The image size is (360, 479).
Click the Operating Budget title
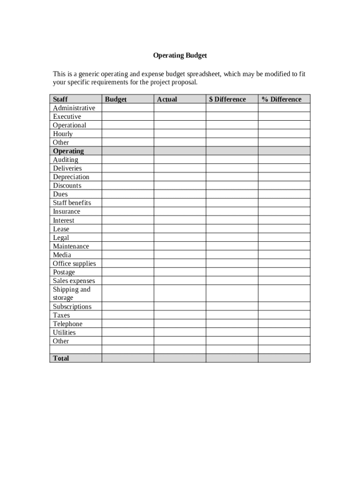pos(180,55)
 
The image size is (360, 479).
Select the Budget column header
pos(115,99)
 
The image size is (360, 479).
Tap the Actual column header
pos(167,99)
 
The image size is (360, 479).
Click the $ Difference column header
pos(227,99)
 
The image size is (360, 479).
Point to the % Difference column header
pos(281,99)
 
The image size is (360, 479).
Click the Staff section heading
pos(60,99)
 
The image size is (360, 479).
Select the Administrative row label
pos(74,108)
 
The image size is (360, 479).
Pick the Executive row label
pos(67,116)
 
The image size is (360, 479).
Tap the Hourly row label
pos(63,134)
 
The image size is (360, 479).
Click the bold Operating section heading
pos(68,151)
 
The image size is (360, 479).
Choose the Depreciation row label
pos(71,177)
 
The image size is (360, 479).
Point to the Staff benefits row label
pos(72,203)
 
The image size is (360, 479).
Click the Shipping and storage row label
pos(72,293)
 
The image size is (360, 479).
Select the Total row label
pos(61,358)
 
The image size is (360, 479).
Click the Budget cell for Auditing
pos(128,160)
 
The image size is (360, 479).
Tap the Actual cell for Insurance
pos(180,211)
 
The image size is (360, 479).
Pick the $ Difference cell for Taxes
pos(232,315)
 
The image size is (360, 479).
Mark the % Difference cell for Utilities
pos(284,333)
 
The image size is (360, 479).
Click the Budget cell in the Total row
pos(128,358)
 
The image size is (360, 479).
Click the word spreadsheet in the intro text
pos(203,74)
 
